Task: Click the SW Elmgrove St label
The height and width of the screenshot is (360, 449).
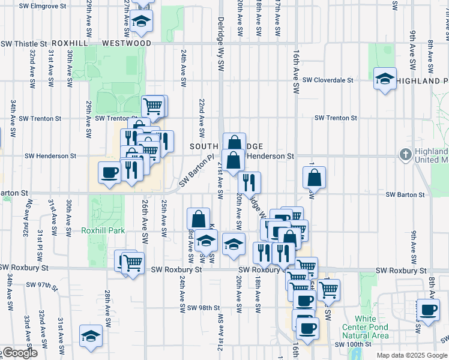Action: (x=41, y=6)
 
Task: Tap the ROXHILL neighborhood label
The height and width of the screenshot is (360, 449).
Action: (x=70, y=44)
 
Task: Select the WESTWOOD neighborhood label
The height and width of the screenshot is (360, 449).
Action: (x=127, y=44)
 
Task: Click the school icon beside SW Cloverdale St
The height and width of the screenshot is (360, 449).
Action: (x=384, y=79)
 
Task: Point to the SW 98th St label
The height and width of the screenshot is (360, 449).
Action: (x=204, y=308)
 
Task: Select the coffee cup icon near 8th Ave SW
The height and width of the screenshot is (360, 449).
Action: (x=429, y=310)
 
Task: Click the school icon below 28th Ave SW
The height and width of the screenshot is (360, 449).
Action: (x=90, y=335)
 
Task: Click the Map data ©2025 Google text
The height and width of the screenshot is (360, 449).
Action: (x=412, y=355)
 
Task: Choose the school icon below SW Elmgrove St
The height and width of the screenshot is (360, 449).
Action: (x=142, y=21)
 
